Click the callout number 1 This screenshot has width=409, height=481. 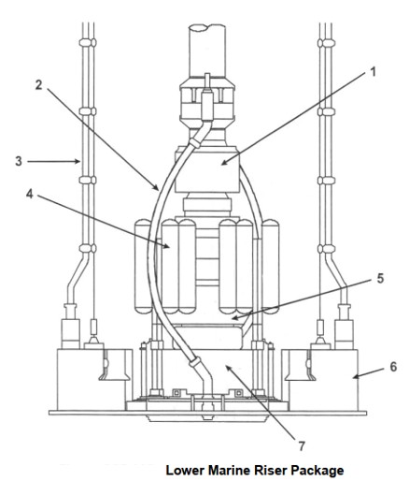click(x=373, y=72)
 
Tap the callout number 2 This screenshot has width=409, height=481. click(x=38, y=85)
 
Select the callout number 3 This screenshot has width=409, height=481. click(x=19, y=161)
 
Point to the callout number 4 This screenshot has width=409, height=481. click(x=30, y=194)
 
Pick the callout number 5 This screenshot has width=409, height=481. click(x=380, y=278)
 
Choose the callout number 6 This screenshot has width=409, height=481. click(x=393, y=367)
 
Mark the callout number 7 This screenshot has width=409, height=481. click(x=302, y=446)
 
